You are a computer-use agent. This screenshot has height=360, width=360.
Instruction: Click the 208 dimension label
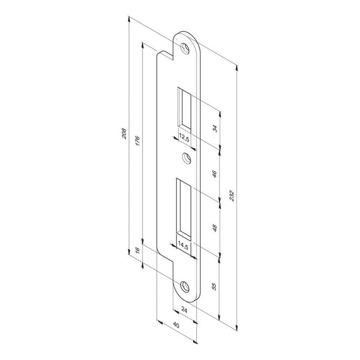[x=124, y=133]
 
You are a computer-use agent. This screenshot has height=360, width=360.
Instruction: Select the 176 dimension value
[x=137, y=141]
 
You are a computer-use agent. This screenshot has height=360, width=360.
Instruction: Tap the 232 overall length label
[x=232, y=195]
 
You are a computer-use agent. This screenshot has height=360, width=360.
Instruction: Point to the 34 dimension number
[x=215, y=129]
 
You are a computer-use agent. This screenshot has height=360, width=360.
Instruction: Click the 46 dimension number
[x=214, y=174]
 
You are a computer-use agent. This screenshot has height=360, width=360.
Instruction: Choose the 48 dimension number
[x=214, y=228]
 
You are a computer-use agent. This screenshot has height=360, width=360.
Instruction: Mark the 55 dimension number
[x=214, y=286]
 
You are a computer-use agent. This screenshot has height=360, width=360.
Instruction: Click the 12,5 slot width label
[x=184, y=138]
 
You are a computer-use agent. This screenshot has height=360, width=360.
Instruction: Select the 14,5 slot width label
[x=183, y=246]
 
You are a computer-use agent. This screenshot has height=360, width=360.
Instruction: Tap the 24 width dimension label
[x=184, y=310]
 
